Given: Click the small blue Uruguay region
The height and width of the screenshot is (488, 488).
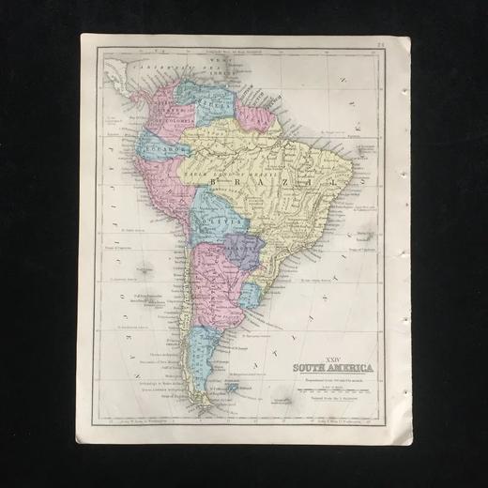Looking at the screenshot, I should (250, 292).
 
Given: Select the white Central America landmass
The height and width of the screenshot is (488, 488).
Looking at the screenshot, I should (117, 70).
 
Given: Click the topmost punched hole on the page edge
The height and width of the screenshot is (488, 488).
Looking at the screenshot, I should (404, 92).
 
